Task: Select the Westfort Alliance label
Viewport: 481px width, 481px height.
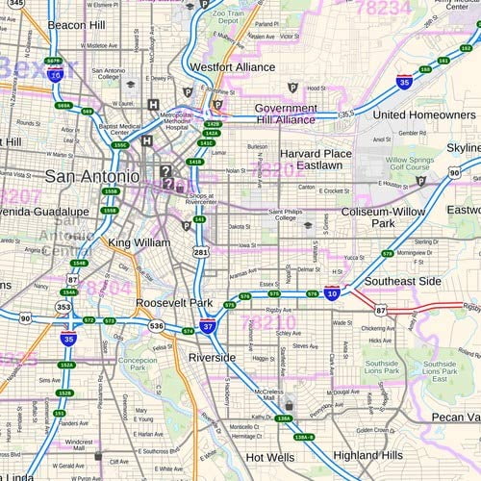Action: point(232,67)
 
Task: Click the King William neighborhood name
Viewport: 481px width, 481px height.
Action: point(139,242)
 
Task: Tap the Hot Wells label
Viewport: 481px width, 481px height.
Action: point(270,458)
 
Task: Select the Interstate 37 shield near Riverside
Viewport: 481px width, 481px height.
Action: point(208,328)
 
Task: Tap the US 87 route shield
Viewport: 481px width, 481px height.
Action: point(381,309)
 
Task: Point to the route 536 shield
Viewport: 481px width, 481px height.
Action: point(157,326)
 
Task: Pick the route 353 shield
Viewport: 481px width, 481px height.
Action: point(63,308)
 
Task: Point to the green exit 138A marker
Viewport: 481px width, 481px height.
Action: point(283,419)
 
